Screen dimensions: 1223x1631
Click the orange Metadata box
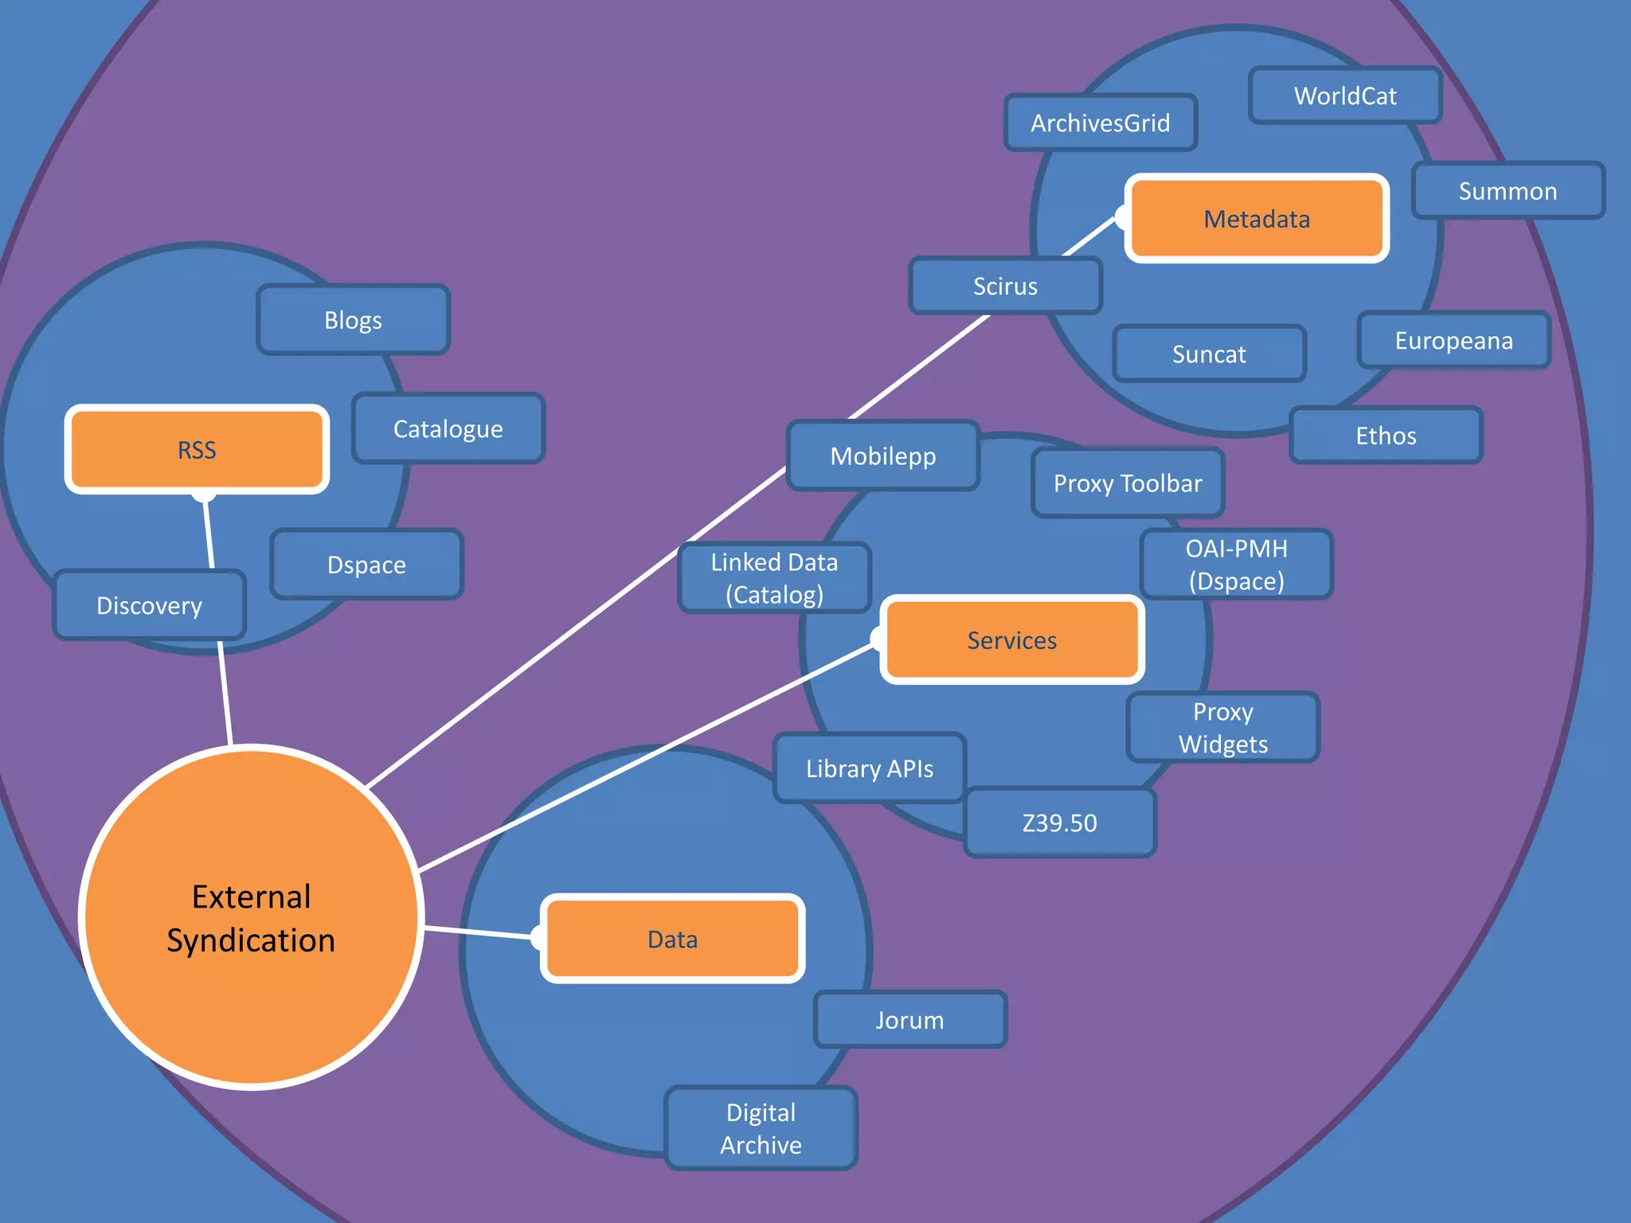click(1257, 218)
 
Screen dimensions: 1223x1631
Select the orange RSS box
click(197, 450)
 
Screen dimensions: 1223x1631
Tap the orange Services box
click(1011, 640)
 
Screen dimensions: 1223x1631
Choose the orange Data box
click(672, 940)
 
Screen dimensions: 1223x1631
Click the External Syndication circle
click(251, 918)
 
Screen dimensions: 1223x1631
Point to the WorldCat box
click(1345, 96)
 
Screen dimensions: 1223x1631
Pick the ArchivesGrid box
click(1101, 123)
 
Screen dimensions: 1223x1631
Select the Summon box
click(1508, 191)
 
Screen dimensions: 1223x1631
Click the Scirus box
click(1005, 286)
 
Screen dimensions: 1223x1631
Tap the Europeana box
click(1453, 341)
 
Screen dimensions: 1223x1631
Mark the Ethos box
click(1386, 436)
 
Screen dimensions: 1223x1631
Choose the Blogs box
click(353, 320)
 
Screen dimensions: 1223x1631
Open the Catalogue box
click(448, 429)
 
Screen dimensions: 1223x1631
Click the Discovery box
click(149, 606)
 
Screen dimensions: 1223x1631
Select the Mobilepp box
click(882, 456)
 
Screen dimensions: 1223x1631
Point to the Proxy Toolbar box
click(1128, 483)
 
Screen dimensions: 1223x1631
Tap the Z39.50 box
click(1059, 822)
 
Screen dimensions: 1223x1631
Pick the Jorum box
click(909, 1020)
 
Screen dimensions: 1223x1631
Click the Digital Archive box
click(761, 1128)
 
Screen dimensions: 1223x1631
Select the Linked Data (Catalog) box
click(774, 578)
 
